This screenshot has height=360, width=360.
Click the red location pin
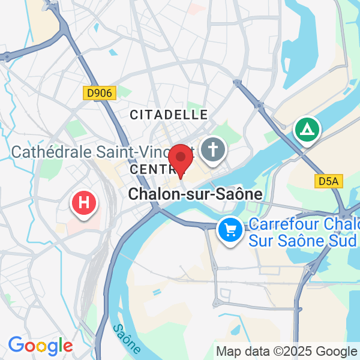pyautogui.click(x=180, y=159)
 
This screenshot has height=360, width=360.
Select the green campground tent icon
pyautogui.click(x=307, y=130)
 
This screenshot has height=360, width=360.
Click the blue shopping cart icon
pyautogui.click(x=230, y=230)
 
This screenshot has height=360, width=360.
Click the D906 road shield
pyautogui.click(x=99, y=93)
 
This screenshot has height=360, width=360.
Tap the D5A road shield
pyautogui.click(x=328, y=180)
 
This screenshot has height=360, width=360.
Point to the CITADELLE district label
pyautogui.click(x=169, y=114)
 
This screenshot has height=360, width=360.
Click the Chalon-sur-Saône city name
pyautogui.click(x=196, y=194)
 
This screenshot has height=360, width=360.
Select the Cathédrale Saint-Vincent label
pyautogui.click(x=102, y=152)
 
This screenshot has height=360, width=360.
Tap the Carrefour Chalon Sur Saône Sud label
pyautogui.click(x=304, y=233)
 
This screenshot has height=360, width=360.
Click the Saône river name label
pyautogui.click(x=127, y=338)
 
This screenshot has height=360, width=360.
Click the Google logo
pyautogui.click(x=40, y=346)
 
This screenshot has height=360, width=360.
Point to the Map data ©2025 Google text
pyautogui.click(x=287, y=352)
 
